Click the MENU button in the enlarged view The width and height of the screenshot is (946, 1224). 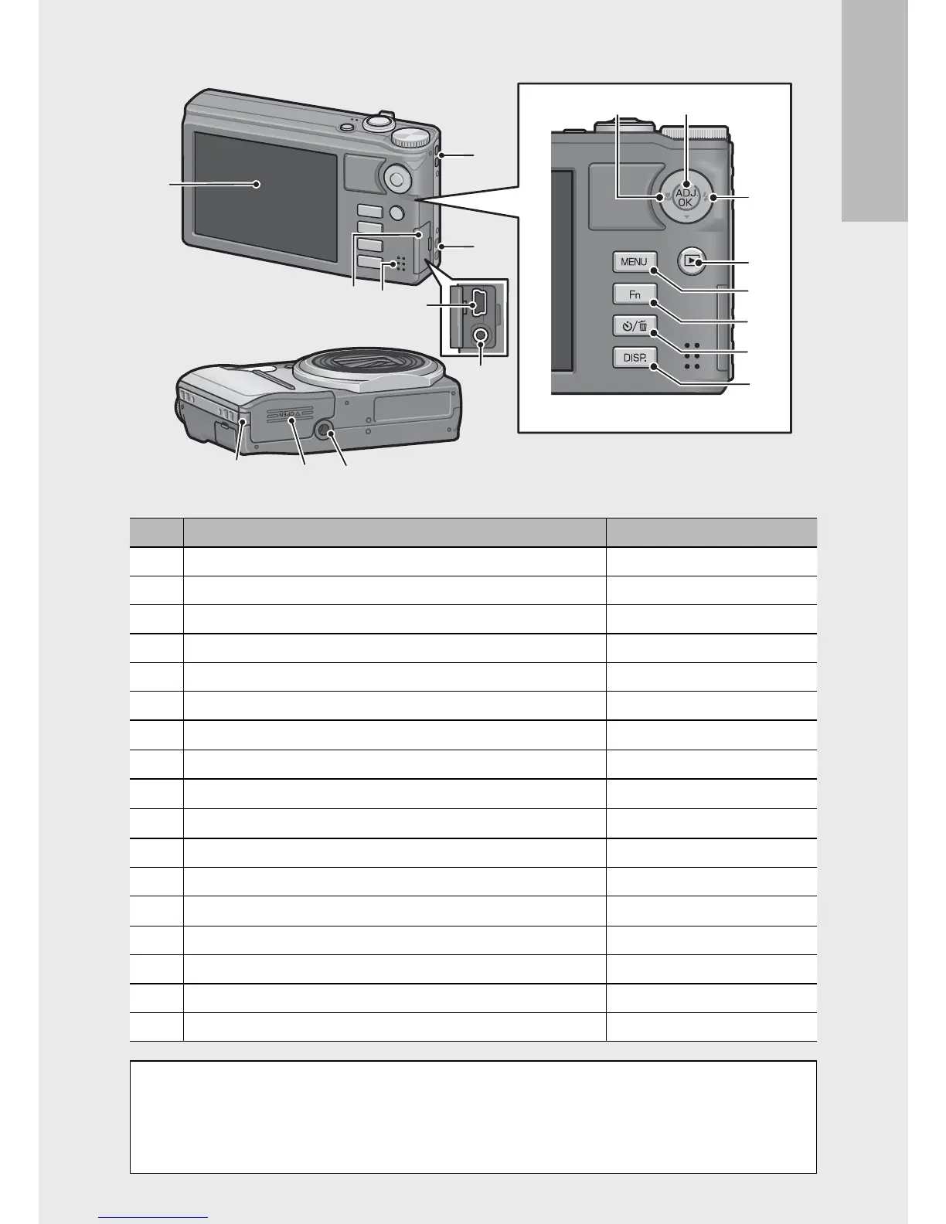634,262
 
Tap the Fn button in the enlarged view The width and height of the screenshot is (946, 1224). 634,294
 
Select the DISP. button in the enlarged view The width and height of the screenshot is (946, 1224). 634,358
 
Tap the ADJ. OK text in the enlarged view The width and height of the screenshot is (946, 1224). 685,197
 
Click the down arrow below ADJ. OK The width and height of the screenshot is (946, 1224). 686,218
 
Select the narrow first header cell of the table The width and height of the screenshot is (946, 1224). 156,532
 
